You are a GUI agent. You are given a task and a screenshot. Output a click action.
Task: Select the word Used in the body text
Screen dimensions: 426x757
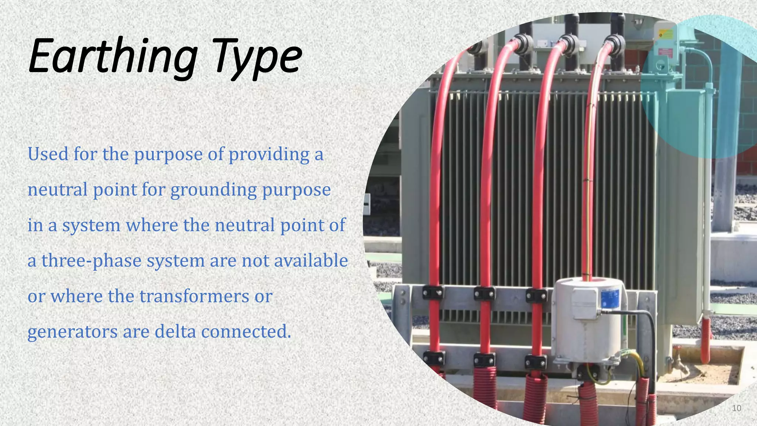[48, 154]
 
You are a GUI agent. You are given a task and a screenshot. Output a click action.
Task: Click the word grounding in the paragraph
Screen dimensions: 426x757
[213, 190]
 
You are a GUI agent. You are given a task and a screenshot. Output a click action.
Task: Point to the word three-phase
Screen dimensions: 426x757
[91, 260]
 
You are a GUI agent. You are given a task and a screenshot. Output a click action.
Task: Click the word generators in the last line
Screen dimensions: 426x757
[72, 331]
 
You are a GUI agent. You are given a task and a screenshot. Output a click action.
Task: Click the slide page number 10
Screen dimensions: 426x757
[736, 408]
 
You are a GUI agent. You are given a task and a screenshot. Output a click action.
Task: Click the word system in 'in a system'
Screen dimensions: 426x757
[91, 225]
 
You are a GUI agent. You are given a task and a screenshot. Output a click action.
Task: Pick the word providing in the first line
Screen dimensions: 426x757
[269, 154]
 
